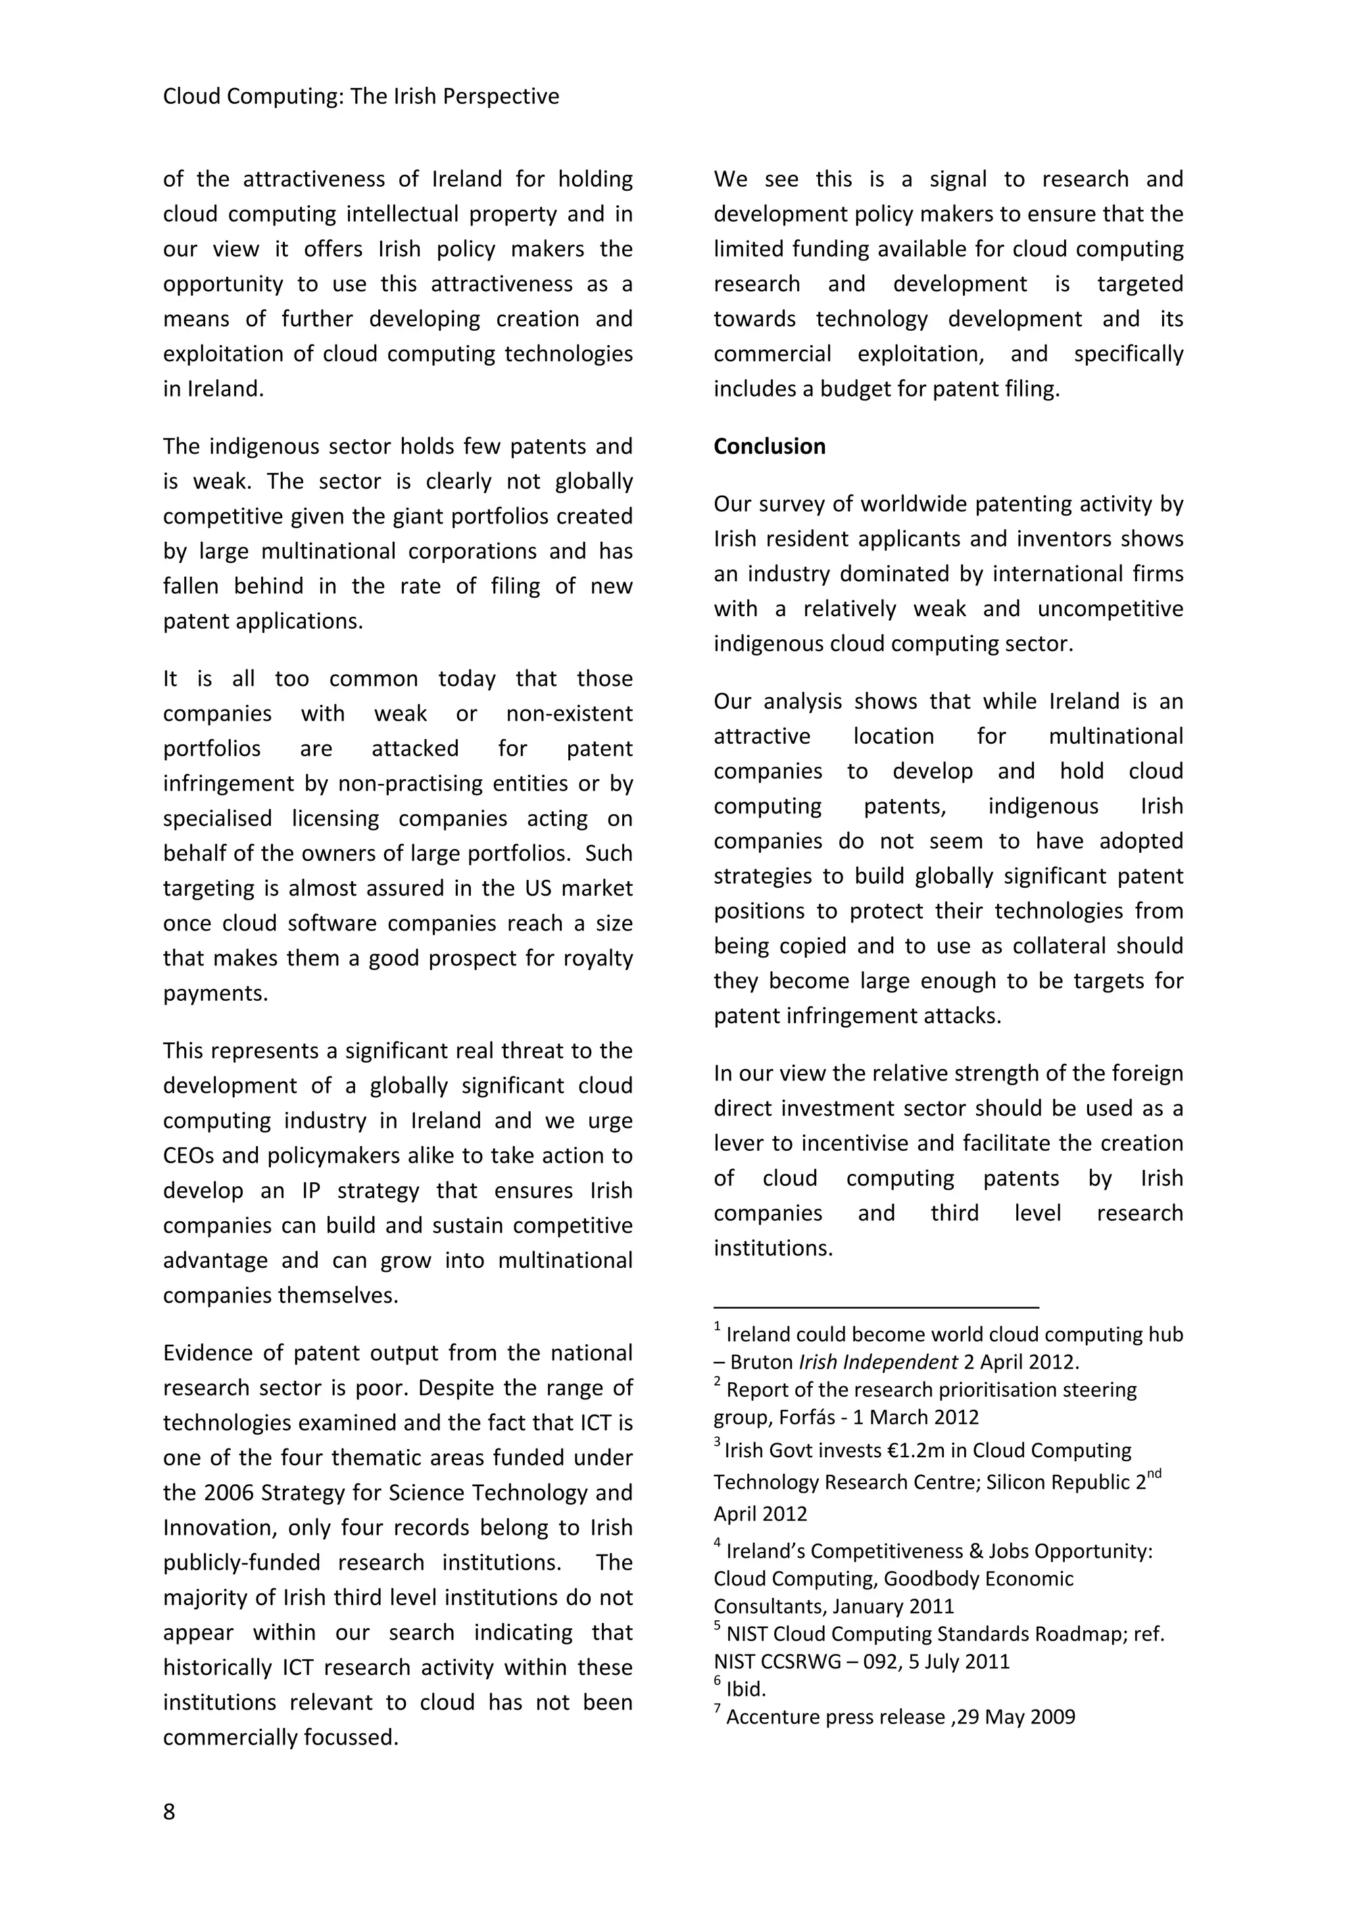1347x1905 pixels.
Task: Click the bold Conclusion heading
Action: [x=770, y=446]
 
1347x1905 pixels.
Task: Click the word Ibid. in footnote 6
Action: [x=745, y=1689]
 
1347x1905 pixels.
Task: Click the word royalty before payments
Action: [x=598, y=958]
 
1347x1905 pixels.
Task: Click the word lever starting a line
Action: [x=735, y=1144]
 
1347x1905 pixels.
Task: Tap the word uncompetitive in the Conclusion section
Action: [x=1110, y=609]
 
